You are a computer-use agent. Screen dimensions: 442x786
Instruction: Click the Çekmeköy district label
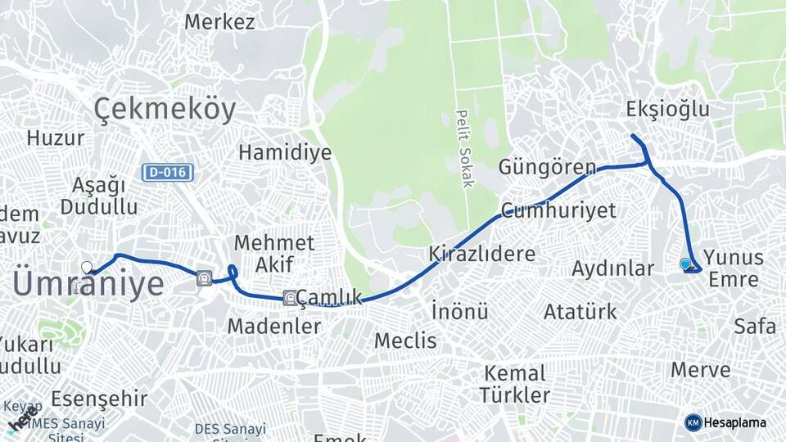point(165,109)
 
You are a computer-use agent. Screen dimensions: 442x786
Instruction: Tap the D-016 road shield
point(168,173)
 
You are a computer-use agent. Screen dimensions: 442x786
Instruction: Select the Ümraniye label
point(88,284)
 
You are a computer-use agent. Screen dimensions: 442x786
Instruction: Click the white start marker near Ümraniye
point(87,267)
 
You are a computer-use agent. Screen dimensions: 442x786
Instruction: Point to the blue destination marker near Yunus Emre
point(685,264)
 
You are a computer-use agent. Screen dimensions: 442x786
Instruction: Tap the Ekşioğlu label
point(667,110)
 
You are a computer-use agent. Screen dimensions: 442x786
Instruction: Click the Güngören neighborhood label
point(547,168)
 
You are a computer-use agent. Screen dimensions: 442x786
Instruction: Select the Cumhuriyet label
point(559,210)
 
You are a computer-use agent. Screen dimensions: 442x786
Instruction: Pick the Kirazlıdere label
point(481,253)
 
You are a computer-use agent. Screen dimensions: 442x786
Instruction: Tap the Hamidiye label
point(285,152)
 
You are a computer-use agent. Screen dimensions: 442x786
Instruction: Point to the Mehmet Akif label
point(273,253)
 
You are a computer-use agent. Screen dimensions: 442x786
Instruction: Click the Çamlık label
point(329,297)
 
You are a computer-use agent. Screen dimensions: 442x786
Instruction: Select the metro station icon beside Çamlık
point(290,297)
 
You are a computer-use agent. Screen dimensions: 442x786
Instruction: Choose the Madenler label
point(273,326)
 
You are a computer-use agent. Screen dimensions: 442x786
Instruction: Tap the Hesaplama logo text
point(736,422)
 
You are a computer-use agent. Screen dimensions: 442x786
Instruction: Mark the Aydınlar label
point(613,268)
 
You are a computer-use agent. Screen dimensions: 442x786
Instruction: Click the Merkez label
point(219,22)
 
